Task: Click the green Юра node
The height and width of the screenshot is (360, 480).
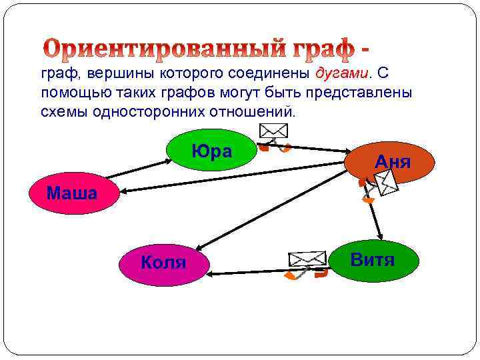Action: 211,152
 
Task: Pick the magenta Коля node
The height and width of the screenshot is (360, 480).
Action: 163,262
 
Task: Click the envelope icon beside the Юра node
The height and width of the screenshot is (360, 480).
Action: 273,130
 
